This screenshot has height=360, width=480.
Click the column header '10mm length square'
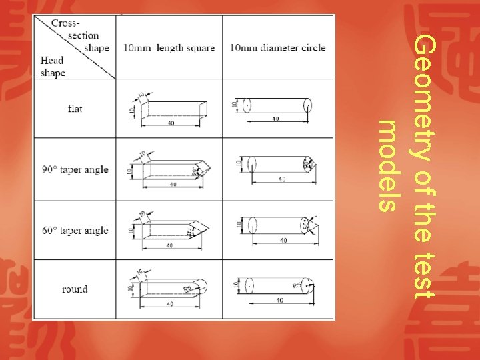pos(169,48)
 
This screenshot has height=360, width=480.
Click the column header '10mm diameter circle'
pos(278,48)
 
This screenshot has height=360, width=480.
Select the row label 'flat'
pos(75,108)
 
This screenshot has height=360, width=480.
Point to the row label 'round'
pos(75,289)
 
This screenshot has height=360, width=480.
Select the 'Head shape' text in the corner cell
pos(53,67)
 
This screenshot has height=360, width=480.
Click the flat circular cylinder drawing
pos(277,106)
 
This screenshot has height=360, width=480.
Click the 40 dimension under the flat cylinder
pos(275,119)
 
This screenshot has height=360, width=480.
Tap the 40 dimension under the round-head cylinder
pos(279,300)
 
